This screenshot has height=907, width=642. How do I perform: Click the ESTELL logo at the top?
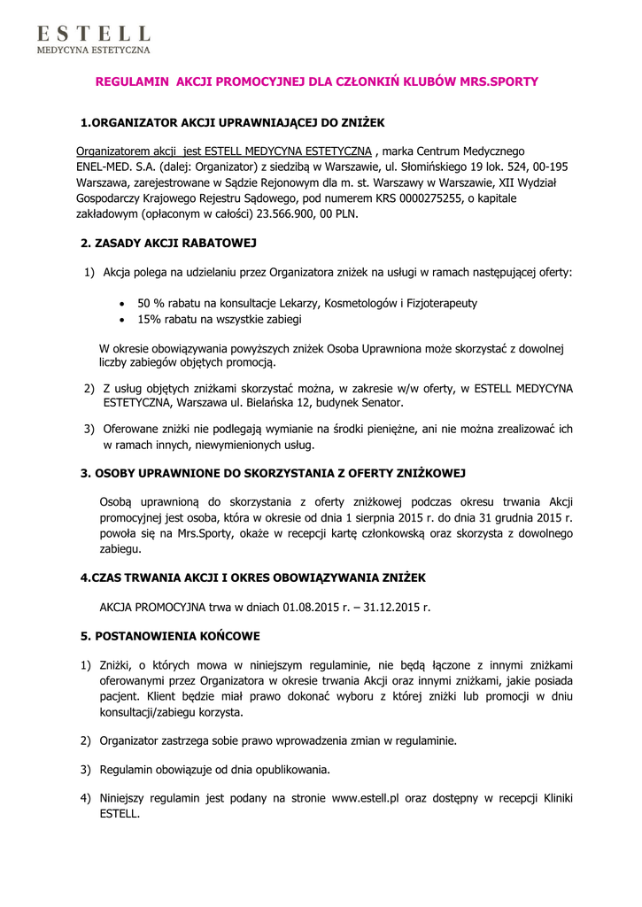point(93,40)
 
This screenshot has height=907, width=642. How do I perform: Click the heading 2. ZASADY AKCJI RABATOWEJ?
point(169,243)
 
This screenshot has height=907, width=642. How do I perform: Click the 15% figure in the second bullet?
point(149,319)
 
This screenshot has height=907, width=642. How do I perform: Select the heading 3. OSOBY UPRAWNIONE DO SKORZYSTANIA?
point(274,474)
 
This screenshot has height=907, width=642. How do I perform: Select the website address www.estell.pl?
point(367,798)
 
